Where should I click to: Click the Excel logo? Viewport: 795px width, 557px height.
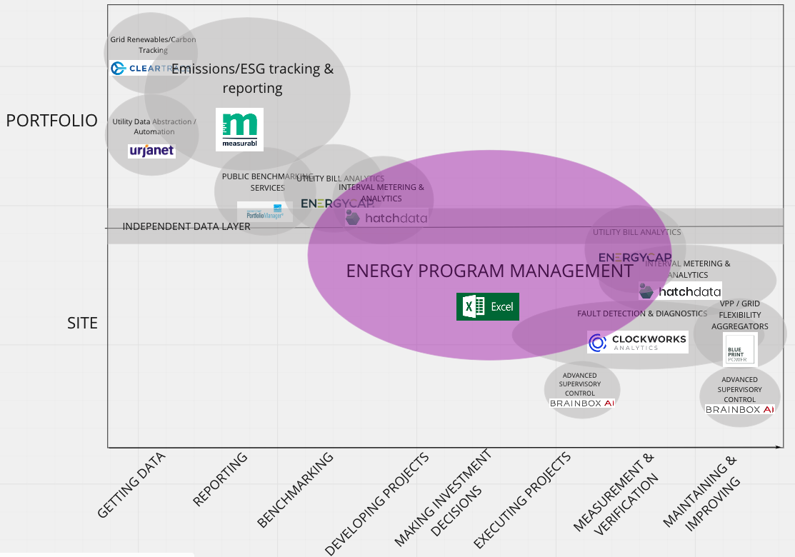point(488,306)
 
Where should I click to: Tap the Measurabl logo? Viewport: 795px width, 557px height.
point(239,129)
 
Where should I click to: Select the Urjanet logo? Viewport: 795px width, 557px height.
point(151,151)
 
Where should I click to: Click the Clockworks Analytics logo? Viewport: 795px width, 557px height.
point(637,342)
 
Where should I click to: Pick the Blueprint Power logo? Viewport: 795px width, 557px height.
point(739,349)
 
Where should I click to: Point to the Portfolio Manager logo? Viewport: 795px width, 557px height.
point(264,212)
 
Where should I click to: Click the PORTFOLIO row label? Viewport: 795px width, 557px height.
point(51,121)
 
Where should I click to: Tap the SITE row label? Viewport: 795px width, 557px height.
point(82,323)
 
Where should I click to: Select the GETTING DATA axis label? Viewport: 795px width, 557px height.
point(131,485)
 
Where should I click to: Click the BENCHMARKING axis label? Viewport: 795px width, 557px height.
point(295,490)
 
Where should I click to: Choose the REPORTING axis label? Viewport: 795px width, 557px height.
point(220,479)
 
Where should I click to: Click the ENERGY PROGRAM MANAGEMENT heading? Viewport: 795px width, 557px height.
point(489,271)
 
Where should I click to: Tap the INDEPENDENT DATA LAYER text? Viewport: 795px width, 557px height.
point(186,226)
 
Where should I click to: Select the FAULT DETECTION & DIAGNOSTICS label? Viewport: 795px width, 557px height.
point(642,313)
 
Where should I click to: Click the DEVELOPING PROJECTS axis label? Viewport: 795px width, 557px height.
point(376,503)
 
